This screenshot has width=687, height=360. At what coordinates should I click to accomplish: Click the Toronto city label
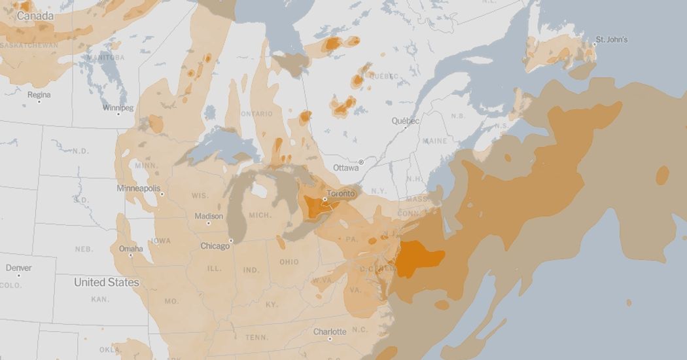coord(340,194)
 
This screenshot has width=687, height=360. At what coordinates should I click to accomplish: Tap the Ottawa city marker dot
coord(361,162)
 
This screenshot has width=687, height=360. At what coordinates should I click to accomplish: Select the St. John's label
coord(611,40)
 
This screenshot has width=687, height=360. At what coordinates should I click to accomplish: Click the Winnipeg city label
coord(118,107)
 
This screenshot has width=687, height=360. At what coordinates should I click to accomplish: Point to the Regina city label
coord(39,95)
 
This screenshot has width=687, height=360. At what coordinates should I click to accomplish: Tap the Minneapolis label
coord(138,189)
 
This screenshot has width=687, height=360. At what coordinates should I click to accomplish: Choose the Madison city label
coord(208,217)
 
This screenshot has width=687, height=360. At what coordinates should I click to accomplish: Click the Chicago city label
coord(215,246)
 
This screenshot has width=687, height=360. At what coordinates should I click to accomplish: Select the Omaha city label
coord(131,249)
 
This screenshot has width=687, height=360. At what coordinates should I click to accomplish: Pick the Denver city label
coord(18,268)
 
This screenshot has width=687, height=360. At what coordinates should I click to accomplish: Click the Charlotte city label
coord(330,332)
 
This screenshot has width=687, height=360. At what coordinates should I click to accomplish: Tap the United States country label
coord(106,282)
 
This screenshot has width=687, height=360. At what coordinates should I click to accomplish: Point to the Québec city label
coord(405,121)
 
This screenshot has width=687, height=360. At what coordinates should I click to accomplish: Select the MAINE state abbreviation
coord(435,141)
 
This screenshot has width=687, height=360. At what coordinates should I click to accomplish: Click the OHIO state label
coord(289,262)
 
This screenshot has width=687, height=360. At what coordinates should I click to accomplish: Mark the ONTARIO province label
coord(256,114)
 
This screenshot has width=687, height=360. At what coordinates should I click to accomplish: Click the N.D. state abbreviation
coord(80,151)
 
